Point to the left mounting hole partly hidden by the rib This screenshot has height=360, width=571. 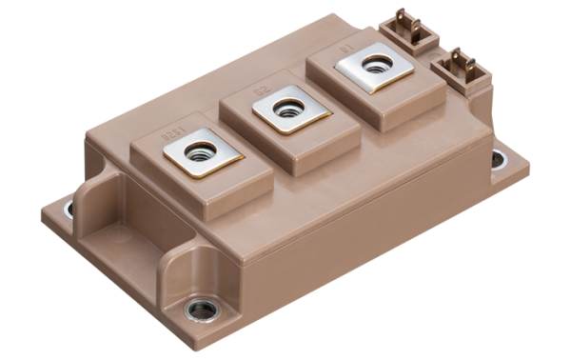coord(68,210)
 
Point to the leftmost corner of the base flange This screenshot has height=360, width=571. coord(42,211)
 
